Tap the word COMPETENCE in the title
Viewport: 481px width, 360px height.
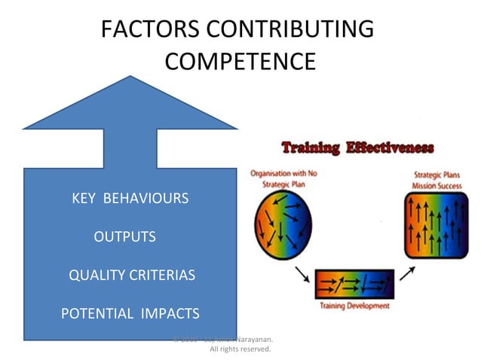(240, 61)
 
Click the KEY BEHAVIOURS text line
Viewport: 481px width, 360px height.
(130, 199)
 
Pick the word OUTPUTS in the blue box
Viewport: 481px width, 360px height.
(124, 237)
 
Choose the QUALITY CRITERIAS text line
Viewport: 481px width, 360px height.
(132, 275)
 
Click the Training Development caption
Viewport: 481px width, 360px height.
(354, 306)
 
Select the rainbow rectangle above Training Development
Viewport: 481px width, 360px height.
(354, 285)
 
